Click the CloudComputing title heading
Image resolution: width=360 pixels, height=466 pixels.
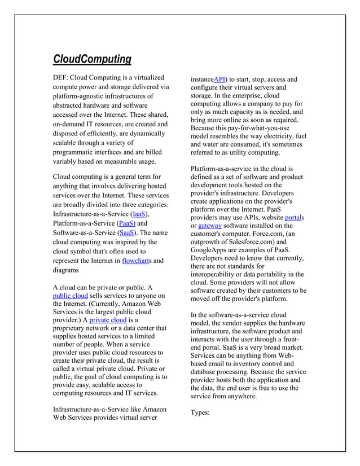click(x=92, y=59)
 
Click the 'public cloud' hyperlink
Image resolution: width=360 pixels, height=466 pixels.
click(x=70, y=296)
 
